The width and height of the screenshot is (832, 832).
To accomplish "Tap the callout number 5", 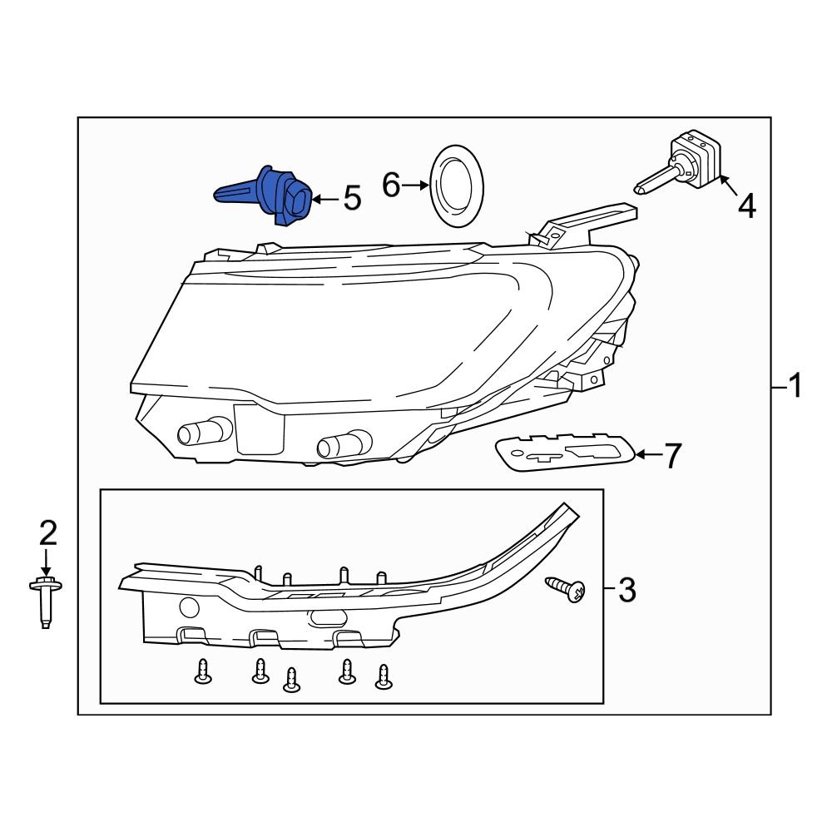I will tap(352, 199).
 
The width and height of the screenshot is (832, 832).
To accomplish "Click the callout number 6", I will tap(391, 185).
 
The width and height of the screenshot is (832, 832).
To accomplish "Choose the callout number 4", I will tap(747, 206).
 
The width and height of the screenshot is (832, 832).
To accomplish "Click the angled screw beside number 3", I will tap(567, 590).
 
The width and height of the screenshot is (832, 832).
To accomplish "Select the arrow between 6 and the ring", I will tap(414, 186).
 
